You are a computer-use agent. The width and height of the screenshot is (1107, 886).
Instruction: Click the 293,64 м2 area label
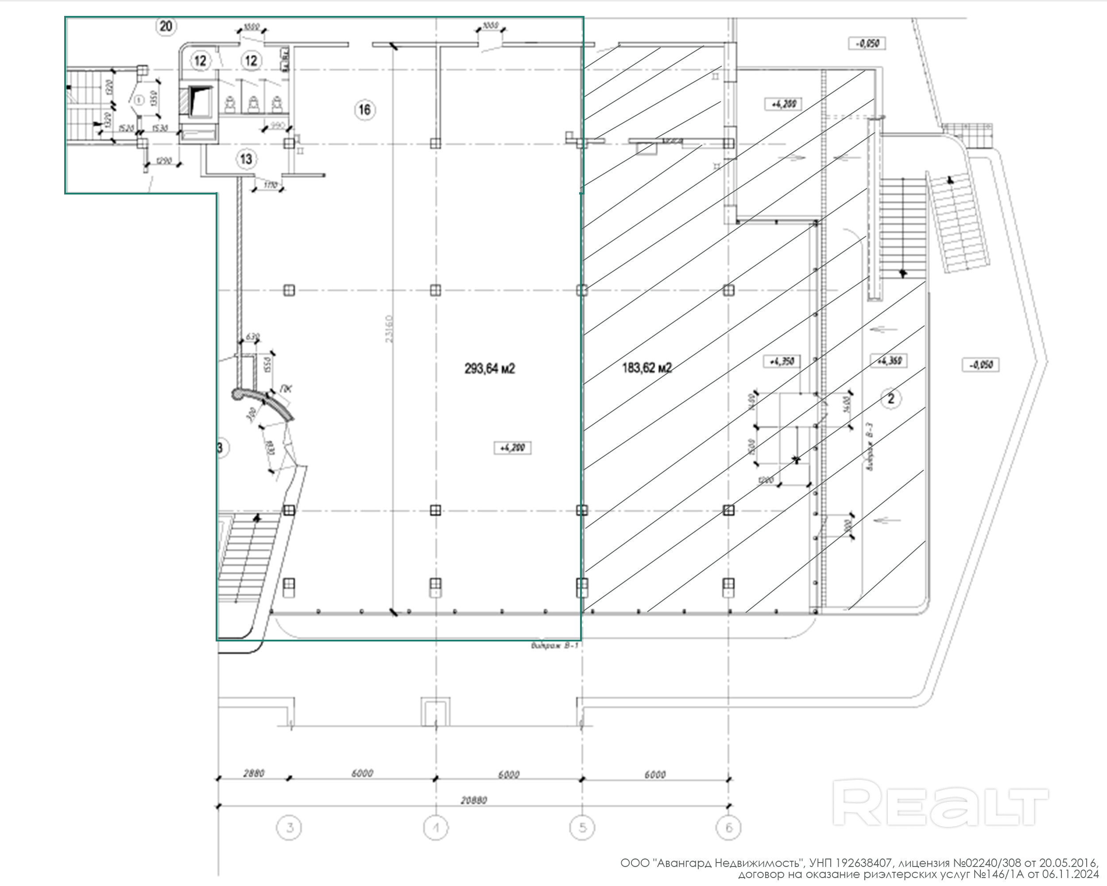pos(489,368)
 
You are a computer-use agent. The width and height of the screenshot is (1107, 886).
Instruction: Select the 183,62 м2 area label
pos(646,368)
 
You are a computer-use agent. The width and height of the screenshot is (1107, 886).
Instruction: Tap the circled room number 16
pos(364,109)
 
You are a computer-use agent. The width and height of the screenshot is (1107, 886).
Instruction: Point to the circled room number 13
pos(246,159)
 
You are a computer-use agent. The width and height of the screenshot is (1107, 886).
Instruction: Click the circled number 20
pos(166,26)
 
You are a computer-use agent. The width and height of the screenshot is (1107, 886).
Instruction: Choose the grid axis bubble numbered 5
pos(582,828)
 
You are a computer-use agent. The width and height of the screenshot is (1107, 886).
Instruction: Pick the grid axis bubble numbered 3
pos(290,828)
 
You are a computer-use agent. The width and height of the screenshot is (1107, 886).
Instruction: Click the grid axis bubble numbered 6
pos(728,828)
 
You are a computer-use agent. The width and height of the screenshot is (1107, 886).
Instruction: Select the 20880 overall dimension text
pos(473,800)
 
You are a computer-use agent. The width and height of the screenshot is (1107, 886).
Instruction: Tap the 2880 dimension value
pos(254,773)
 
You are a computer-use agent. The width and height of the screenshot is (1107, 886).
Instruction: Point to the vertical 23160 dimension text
pos(389,329)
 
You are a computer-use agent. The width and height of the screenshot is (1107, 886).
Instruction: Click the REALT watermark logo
pos(940,804)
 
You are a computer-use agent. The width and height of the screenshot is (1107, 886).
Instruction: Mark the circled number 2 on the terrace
pos(891,398)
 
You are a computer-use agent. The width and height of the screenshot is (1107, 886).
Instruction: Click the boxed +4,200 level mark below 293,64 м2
pos(512,448)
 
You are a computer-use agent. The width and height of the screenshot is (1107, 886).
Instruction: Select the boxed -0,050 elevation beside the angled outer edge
pos(980,365)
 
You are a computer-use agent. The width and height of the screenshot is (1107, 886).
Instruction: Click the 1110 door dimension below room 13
pos(271,185)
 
